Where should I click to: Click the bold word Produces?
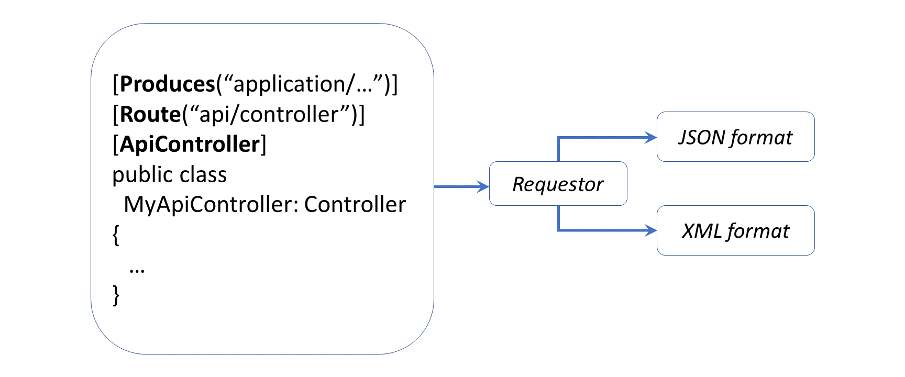pos(168,84)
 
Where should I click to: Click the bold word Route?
pos(150,115)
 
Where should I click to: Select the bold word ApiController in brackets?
pos(190,145)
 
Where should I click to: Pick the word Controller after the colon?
pos(355,205)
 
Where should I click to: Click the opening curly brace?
pos(116,235)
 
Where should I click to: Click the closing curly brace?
pos(116,295)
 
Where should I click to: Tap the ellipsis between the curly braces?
pos(137,270)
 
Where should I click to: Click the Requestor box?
pos(558,184)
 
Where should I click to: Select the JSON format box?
pos(735,137)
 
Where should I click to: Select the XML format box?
pos(735,230)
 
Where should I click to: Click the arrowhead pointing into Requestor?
pos(483,186)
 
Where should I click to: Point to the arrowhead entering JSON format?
pos(651,138)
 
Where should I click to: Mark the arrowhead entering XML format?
pos(651,230)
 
